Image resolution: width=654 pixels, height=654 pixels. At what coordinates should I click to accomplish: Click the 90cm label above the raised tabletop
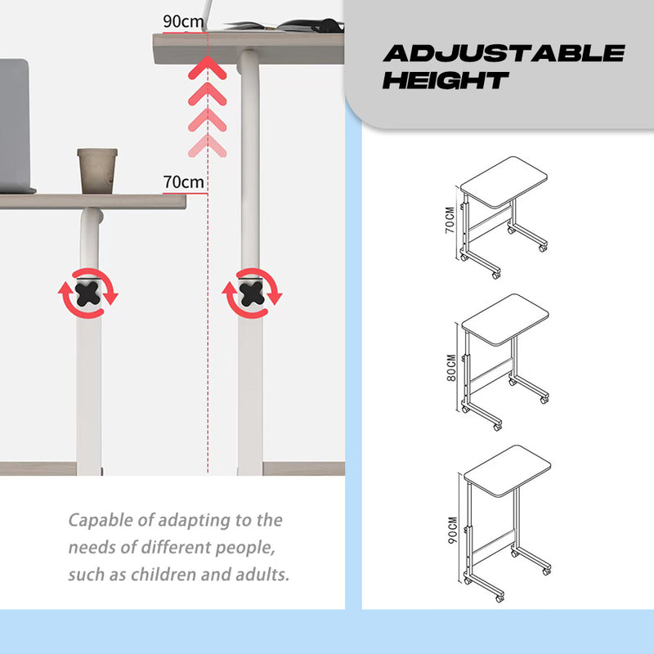[183, 21]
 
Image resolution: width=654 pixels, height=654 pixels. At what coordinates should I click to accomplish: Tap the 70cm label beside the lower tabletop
[183, 182]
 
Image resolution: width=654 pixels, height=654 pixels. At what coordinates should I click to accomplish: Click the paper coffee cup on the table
[97, 171]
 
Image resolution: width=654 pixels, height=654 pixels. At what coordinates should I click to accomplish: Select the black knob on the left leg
[87, 293]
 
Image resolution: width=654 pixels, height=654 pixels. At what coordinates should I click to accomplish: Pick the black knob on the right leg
[252, 293]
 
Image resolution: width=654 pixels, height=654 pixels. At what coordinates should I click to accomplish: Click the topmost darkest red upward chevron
[208, 68]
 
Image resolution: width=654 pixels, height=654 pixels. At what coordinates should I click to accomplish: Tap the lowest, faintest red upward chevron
[208, 146]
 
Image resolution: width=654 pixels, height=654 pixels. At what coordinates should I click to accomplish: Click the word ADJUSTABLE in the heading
[504, 53]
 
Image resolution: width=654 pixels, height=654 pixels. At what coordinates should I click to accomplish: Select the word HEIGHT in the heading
[446, 80]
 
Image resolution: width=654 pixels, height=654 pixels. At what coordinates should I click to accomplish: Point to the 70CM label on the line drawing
[450, 220]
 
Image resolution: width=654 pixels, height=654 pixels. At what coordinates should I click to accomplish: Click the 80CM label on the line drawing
[451, 367]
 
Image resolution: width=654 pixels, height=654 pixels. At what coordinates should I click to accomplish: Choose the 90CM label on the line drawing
[453, 530]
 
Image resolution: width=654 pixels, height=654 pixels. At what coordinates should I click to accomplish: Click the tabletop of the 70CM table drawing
[504, 182]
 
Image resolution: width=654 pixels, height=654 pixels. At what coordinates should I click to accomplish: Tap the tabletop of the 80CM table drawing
[505, 320]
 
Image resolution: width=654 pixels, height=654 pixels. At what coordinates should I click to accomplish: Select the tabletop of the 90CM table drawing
[507, 471]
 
